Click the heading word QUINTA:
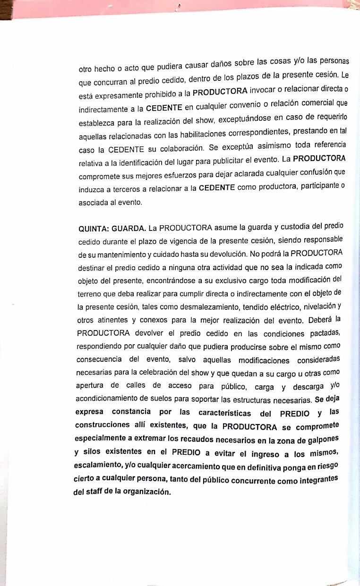[94, 230]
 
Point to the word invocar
[263, 90]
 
